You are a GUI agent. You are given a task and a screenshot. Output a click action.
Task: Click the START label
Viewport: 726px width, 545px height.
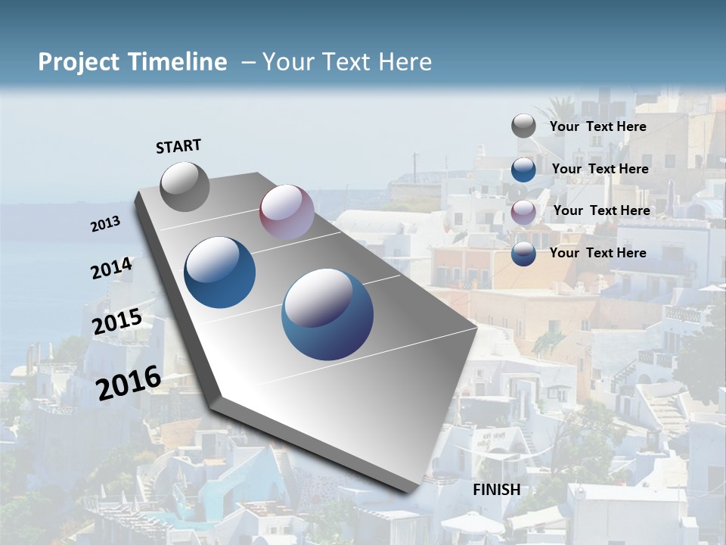[x=178, y=146]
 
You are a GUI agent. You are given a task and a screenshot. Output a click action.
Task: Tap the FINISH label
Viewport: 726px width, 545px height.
[x=497, y=489]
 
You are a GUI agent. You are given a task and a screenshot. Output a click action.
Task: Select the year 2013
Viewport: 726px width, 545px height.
[x=105, y=224]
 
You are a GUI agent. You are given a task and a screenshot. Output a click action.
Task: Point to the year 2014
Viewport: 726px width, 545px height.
[x=111, y=269]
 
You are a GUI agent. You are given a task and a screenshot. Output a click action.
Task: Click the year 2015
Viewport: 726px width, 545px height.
[x=117, y=322]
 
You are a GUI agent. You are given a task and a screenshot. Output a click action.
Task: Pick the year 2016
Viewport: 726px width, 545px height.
[x=129, y=383]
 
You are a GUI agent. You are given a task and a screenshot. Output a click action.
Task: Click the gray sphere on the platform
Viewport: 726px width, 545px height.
[x=185, y=186]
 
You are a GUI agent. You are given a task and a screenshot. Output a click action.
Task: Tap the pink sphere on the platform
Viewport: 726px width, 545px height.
[x=287, y=212]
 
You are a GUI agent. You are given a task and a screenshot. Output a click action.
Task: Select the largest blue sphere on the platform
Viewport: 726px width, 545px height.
[x=327, y=313]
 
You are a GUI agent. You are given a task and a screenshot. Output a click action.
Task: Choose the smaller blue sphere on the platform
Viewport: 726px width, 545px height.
[x=220, y=272]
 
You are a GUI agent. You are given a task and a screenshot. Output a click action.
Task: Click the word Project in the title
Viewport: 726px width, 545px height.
[x=79, y=62]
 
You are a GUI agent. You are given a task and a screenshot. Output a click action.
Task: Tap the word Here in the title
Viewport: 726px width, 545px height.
[x=405, y=62]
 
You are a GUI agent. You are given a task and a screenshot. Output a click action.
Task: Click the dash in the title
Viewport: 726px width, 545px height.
[x=248, y=63]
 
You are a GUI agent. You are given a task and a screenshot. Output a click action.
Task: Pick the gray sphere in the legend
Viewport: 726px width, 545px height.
[x=523, y=126]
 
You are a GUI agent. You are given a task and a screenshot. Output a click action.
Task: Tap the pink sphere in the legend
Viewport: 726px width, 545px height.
[x=523, y=211]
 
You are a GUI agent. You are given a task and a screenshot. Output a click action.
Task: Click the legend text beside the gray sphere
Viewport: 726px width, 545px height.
[x=597, y=126]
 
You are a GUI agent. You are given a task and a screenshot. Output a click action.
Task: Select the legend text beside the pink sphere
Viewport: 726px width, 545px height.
[x=601, y=210]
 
